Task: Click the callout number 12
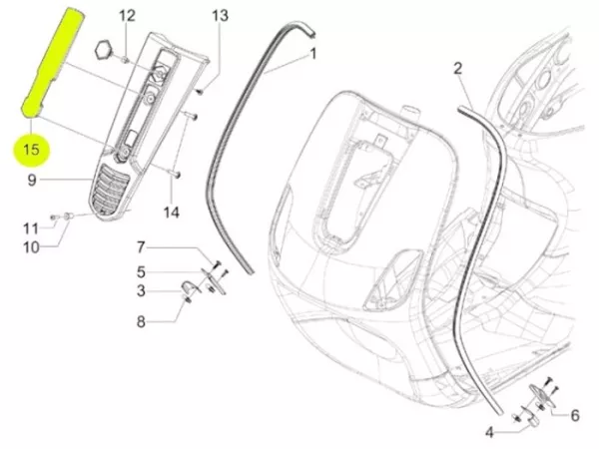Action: [127, 16]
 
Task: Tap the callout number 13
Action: [220, 16]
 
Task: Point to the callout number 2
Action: [458, 69]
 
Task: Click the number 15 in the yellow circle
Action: [32, 152]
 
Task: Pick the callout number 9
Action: [32, 181]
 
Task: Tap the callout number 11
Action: [31, 228]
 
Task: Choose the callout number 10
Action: [31, 246]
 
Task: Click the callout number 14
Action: [172, 212]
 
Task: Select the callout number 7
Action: [141, 246]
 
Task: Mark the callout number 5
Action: [141, 270]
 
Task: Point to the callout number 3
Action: [141, 290]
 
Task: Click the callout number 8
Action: [141, 321]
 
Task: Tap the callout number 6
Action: [574, 416]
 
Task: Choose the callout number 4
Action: [490, 432]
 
